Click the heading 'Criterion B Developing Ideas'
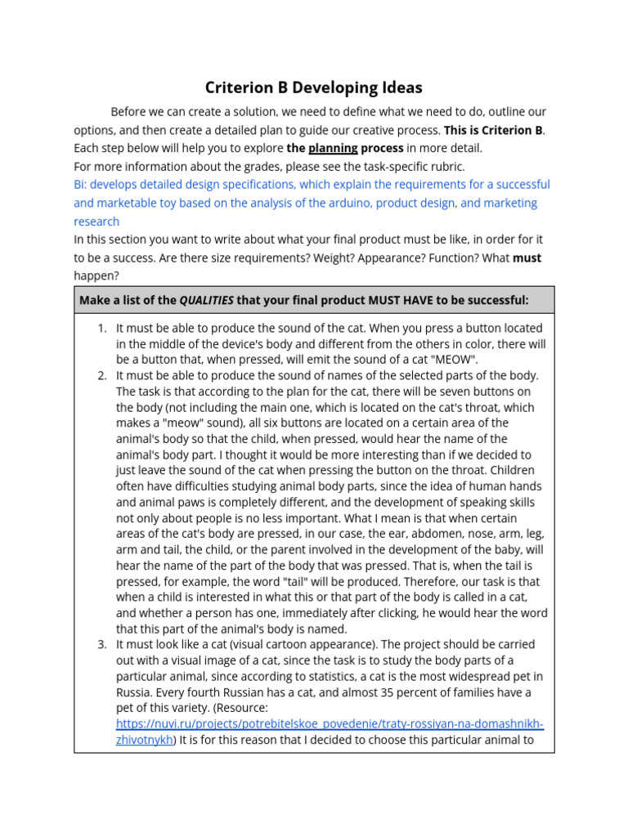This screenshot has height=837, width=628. [x=314, y=87]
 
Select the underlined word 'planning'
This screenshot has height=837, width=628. [x=333, y=148]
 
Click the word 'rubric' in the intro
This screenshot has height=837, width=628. [x=446, y=166]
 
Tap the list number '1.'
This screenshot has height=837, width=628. [x=102, y=328]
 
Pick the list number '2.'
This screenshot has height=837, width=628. [x=102, y=375]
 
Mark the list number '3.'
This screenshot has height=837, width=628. [x=102, y=644]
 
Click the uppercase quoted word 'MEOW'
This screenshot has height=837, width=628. [x=458, y=360]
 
